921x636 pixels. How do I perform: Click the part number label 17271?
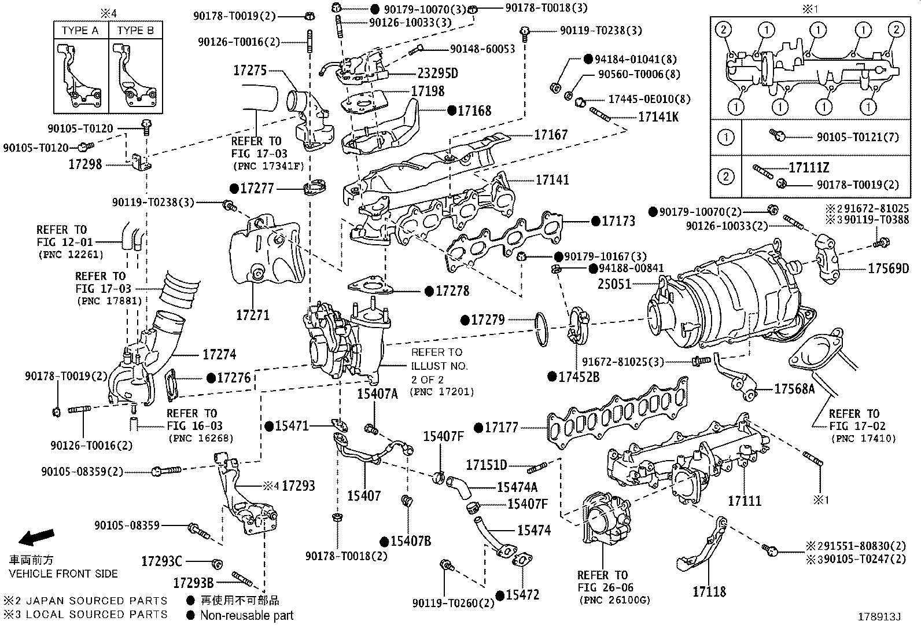coord(252,315)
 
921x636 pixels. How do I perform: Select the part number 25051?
coord(614,284)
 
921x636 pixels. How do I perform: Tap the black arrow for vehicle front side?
coord(36,538)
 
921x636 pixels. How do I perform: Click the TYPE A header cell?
coord(80,31)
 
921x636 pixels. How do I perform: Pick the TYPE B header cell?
coord(135,31)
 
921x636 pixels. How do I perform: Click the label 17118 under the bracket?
coord(709,591)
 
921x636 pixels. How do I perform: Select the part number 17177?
coord(501,428)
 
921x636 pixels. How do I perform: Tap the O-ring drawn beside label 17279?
coord(541,329)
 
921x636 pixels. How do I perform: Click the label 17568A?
coord(794,389)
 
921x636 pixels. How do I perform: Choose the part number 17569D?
coord(888,269)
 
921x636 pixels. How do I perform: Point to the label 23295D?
coord(437,73)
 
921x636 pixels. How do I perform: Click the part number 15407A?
coord(377,394)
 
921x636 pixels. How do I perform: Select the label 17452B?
coord(579,377)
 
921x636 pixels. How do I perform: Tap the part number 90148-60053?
coord(482,49)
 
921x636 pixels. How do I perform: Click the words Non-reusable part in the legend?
coord(246,616)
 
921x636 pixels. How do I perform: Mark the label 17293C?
coord(161,561)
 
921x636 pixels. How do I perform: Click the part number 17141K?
coord(658,117)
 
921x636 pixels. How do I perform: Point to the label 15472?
coord(522,595)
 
